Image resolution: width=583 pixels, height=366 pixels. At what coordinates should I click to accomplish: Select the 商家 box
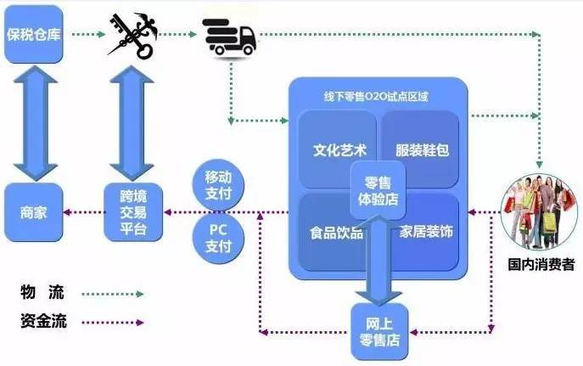[x=34, y=211]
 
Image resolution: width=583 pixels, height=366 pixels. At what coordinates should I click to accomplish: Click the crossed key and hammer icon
[x=132, y=37]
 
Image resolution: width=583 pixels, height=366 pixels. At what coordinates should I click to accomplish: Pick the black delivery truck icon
[x=232, y=37]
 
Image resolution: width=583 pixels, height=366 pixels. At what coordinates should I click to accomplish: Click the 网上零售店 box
[x=379, y=333]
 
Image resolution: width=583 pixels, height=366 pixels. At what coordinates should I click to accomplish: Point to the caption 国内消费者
[x=540, y=265]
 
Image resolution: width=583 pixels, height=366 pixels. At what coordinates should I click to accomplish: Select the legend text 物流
[x=42, y=293]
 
